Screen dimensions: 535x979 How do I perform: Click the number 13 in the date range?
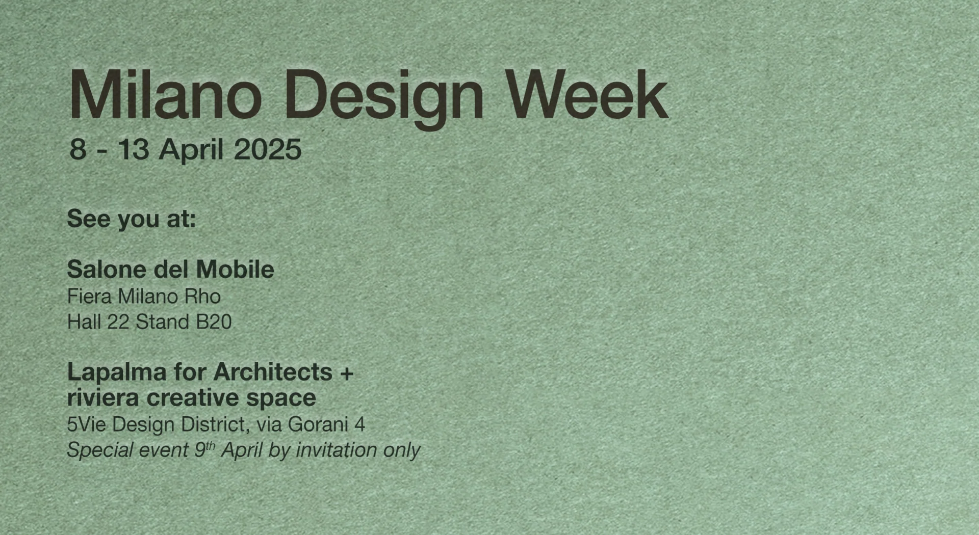[x=134, y=150]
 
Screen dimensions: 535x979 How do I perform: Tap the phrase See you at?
[x=132, y=219]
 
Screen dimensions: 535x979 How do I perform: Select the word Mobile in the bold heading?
[x=235, y=270]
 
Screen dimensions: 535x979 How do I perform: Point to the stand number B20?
[x=214, y=322]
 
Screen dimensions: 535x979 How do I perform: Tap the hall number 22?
[x=118, y=322]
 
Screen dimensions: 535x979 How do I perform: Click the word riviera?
[x=102, y=398]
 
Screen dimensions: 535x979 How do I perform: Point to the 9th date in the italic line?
[x=204, y=449]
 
